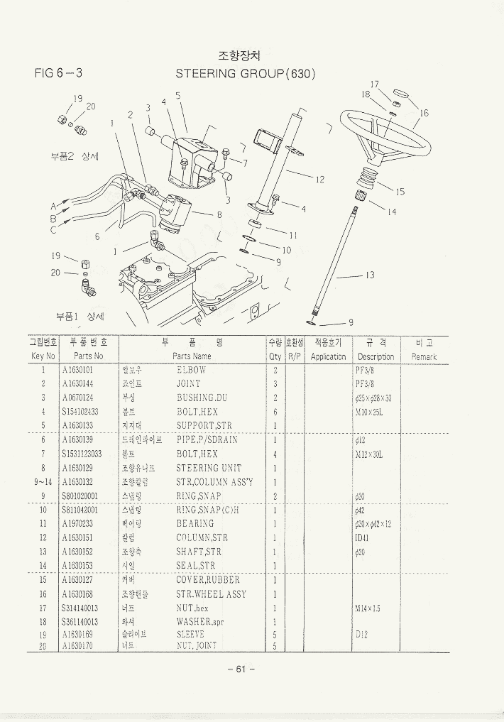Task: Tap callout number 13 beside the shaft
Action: [x=370, y=275]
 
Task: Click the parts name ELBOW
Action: [x=191, y=370]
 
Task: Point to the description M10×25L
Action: [x=369, y=412]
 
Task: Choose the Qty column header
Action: [x=275, y=356]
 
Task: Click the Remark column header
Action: [x=424, y=356]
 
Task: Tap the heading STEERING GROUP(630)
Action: [x=245, y=74]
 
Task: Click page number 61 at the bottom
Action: [x=241, y=669]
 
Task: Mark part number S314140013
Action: [x=80, y=608]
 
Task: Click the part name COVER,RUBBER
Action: [x=208, y=580]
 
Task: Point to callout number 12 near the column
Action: [x=320, y=180]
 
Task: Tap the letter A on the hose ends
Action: [x=53, y=207]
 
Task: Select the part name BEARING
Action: [x=195, y=524]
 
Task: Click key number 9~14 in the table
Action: [x=43, y=482]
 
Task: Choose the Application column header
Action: [x=328, y=356]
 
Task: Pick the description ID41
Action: [x=362, y=537]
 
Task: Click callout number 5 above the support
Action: [x=177, y=95]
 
